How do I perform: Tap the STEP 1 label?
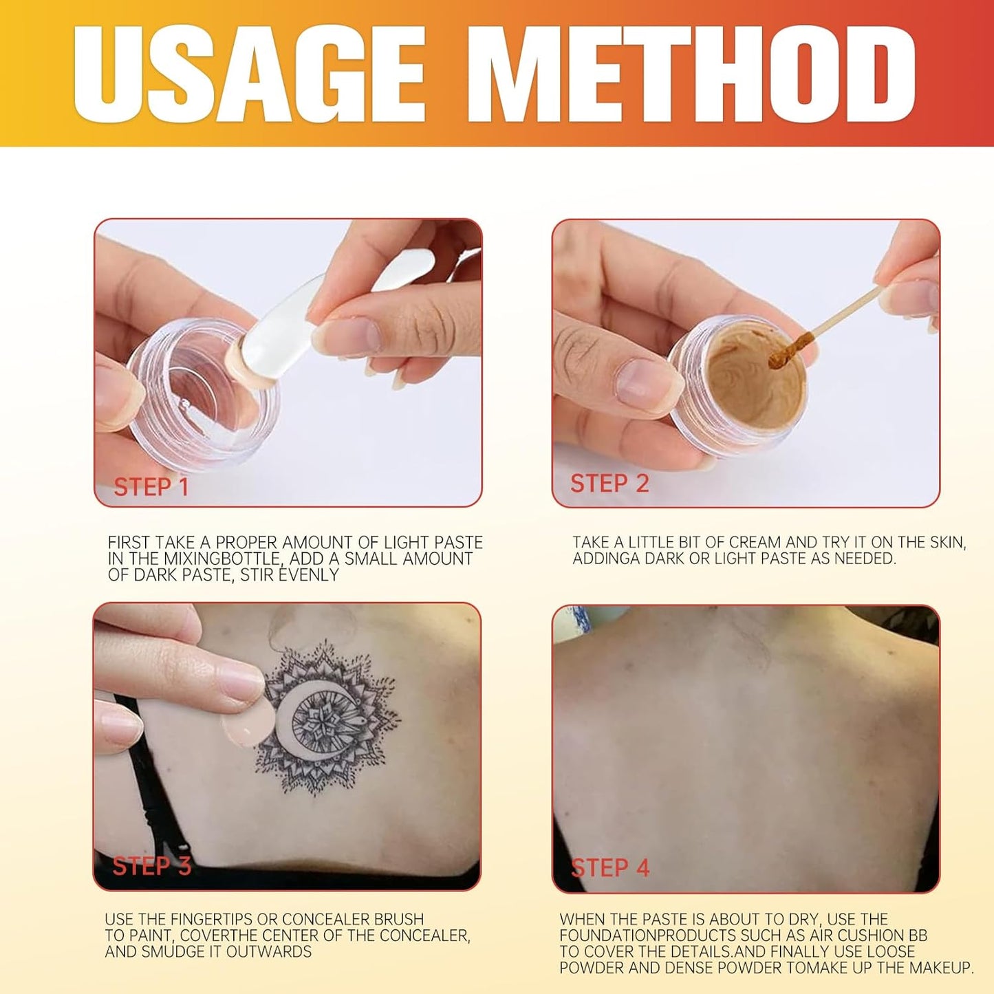[x=151, y=487]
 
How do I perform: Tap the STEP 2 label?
[x=609, y=484]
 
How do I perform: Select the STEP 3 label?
[x=151, y=865]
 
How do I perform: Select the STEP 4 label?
[x=610, y=867]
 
